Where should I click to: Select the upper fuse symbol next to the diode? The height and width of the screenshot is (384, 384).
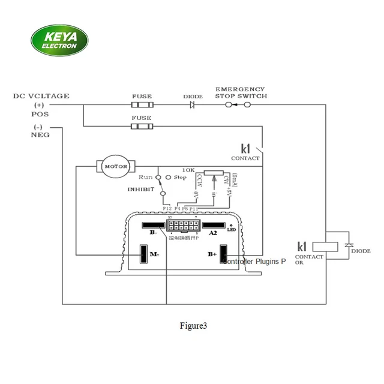pos(142,104)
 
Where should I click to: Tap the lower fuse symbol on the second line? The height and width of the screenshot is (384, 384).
pos(142,126)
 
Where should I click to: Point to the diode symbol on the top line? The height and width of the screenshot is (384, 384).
pos(193,104)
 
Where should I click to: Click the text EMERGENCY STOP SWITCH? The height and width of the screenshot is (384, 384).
pos(241,92)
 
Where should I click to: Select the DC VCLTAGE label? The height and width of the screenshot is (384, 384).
pos(41,96)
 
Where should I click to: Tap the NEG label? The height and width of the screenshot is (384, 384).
pos(40,135)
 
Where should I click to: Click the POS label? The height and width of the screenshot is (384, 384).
pos(40,113)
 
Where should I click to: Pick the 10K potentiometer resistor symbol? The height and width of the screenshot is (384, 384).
pos(211,173)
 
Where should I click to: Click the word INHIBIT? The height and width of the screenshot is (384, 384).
pos(140,189)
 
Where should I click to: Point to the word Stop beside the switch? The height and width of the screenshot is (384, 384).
pos(180,178)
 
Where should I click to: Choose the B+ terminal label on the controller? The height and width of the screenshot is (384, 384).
pos(212,254)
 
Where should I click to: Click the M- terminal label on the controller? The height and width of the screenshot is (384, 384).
pos(154,254)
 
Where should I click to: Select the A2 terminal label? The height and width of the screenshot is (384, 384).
pos(212,233)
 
